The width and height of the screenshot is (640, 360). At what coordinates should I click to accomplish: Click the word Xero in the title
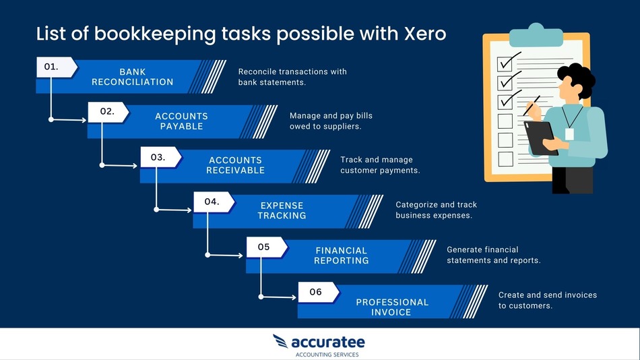pyautogui.click(x=422, y=34)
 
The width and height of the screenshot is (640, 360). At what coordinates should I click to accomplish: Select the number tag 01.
pyautogui.click(x=53, y=67)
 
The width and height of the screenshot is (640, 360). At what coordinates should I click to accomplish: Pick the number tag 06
pyautogui.click(x=316, y=292)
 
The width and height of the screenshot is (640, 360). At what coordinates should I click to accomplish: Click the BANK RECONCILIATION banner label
pyautogui.click(x=133, y=77)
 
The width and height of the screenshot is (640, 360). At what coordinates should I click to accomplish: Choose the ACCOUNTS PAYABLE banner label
pyautogui.click(x=181, y=121)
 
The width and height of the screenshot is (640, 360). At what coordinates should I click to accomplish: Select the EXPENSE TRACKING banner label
pyautogui.click(x=282, y=210)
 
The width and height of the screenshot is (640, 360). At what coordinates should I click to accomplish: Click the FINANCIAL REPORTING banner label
pyautogui.click(x=342, y=256)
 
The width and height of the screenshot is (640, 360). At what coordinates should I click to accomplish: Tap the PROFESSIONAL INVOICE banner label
pyautogui.click(x=392, y=307)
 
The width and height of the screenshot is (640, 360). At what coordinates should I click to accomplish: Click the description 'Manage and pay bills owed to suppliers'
pyautogui.click(x=331, y=121)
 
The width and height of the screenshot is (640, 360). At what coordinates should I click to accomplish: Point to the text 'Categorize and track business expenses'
pyautogui.click(x=436, y=210)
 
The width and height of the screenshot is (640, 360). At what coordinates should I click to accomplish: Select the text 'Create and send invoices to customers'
pyautogui.click(x=547, y=300)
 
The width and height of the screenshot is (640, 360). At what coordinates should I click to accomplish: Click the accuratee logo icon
pyautogui.click(x=280, y=341)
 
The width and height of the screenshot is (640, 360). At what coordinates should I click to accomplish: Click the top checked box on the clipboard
pyautogui.click(x=505, y=63)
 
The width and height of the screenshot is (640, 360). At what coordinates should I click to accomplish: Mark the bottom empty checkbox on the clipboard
pyautogui.click(x=505, y=159)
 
